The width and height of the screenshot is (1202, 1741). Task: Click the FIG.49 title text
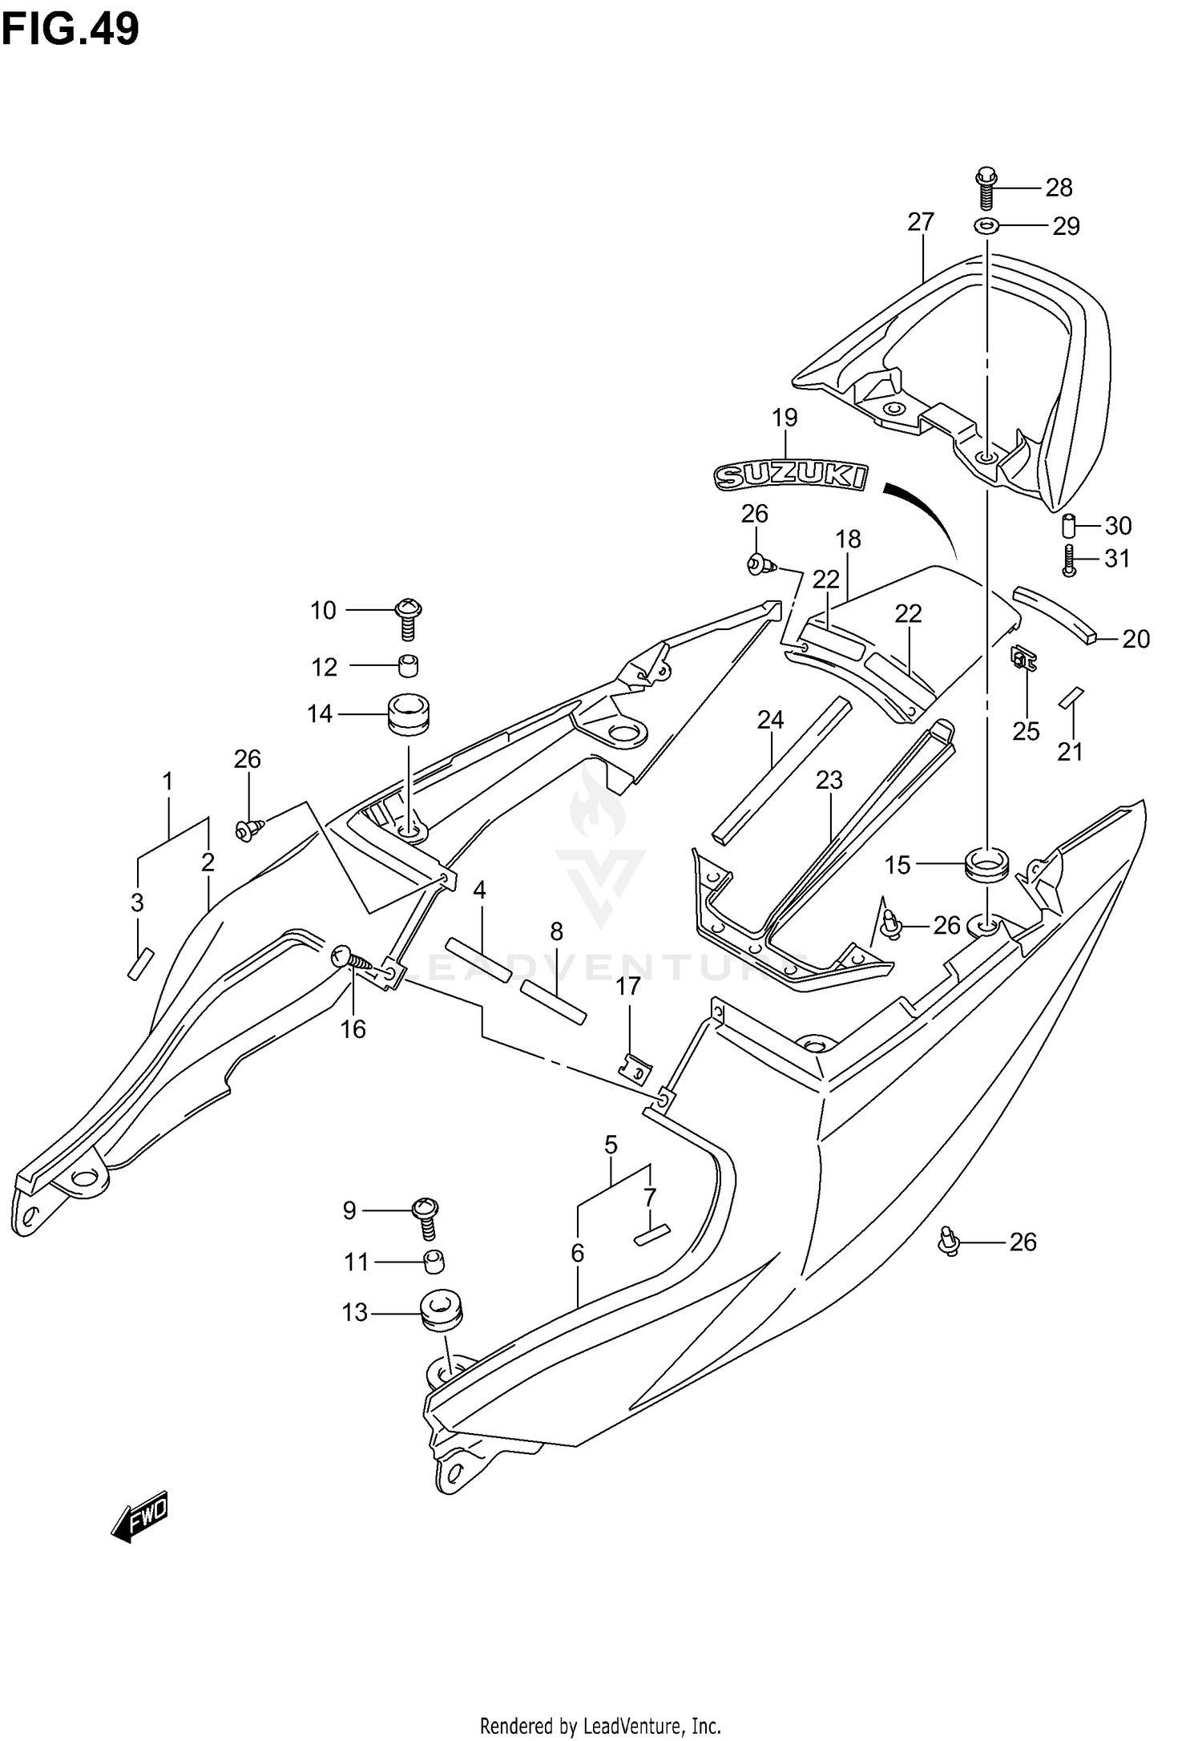point(71,29)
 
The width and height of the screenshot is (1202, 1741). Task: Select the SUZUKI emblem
point(791,476)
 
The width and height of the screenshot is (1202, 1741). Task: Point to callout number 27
point(921,222)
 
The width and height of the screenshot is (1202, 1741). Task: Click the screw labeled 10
point(409,618)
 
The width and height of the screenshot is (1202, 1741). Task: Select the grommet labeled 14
point(408,713)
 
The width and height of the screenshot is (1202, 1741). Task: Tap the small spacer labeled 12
point(409,665)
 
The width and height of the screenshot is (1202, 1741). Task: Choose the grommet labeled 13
point(441,1310)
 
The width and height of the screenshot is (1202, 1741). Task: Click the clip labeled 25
point(1023,659)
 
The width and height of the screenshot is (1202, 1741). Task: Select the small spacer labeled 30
point(1068,527)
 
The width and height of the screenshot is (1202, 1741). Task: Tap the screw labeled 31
point(1067,559)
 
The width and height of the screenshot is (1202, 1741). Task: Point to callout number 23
point(829,780)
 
